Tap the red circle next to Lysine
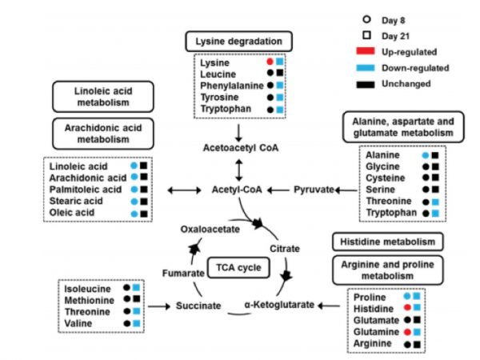click(x=270, y=62)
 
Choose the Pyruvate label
click(x=313, y=190)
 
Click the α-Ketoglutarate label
click(x=279, y=305)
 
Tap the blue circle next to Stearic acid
click(x=132, y=202)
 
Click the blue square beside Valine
click(x=137, y=322)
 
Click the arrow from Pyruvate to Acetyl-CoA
click(x=280, y=190)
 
